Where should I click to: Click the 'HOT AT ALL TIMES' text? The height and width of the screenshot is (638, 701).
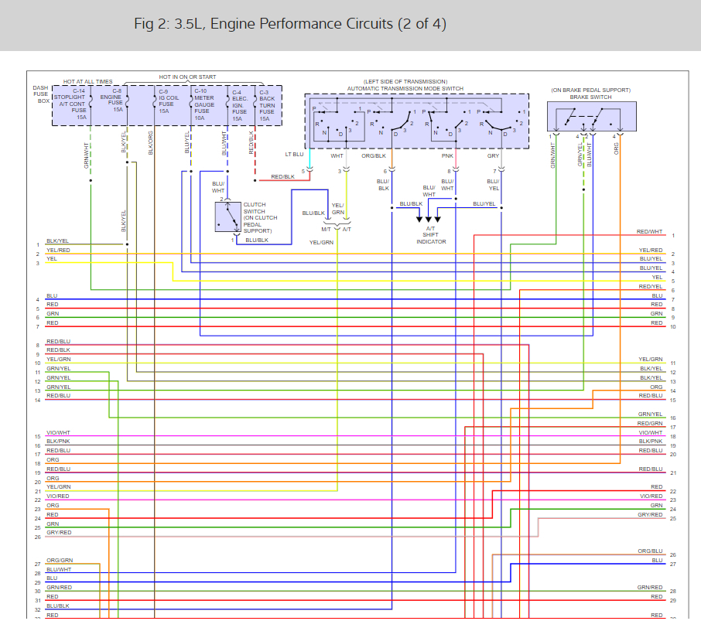[87, 81]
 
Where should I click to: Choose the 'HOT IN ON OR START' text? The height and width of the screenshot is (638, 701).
[187, 77]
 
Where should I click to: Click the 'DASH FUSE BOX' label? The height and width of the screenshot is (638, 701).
[41, 94]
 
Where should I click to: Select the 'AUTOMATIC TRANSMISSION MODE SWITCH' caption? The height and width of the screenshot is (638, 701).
[416, 88]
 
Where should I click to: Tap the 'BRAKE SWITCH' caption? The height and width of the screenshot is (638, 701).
[590, 97]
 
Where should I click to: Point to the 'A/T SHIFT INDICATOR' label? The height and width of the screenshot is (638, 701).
[431, 236]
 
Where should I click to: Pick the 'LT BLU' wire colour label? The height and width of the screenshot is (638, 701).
[293, 155]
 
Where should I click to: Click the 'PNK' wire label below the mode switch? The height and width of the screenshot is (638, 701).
[447, 155]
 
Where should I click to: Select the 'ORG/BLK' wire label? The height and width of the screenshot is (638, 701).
[374, 155]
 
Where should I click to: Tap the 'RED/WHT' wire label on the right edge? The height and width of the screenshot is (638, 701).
[650, 232]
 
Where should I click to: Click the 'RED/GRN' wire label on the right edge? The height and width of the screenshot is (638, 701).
[650, 424]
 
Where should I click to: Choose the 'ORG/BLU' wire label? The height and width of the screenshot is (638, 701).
[650, 551]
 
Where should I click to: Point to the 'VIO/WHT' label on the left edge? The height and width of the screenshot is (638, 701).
[58, 432]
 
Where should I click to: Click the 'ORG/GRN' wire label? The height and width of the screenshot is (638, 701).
[60, 560]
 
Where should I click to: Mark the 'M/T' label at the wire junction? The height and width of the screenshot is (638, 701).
[327, 230]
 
